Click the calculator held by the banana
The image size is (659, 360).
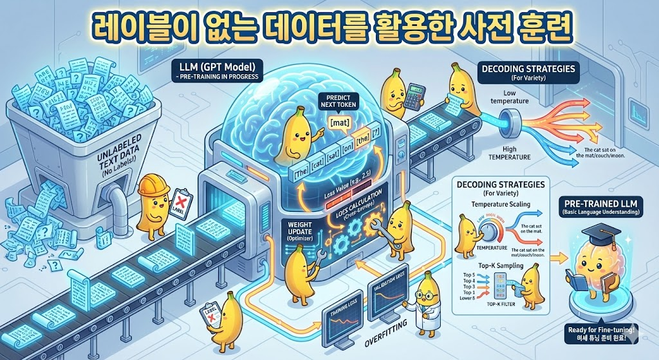click(x=413, y=95)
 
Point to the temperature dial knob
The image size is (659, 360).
click(x=489, y=231)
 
